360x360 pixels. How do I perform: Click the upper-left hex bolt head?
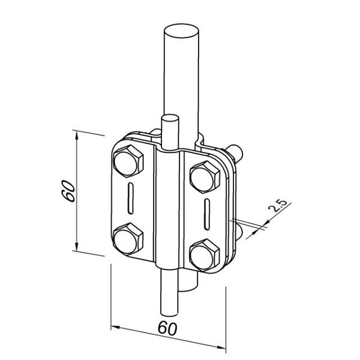click(x=128, y=161)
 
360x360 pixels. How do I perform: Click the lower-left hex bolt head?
click(x=128, y=239)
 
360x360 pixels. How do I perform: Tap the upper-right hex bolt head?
click(x=205, y=177)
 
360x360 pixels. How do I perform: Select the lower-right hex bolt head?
click(x=205, y=255)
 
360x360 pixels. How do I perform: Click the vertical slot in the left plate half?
click(x=130, y=199)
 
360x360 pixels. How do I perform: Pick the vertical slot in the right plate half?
click(x=207, y=214)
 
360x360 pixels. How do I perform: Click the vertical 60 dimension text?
click(x=70, y=191)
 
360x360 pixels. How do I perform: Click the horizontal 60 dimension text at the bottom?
click(x=167, y=328)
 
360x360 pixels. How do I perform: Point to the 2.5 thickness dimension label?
click(x=277, y=205)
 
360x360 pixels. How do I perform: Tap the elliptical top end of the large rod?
click(x=181, y=31)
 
